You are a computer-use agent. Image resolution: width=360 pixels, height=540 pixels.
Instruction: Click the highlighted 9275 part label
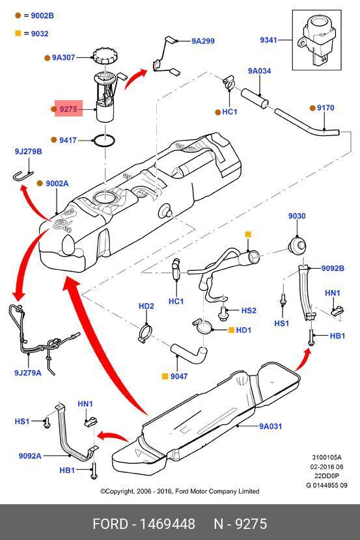68,109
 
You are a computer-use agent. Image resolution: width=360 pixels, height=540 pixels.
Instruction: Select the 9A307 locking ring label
63,57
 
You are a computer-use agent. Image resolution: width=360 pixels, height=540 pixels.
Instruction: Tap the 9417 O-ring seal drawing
104,140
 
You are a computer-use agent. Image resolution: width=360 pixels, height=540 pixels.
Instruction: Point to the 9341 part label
268,40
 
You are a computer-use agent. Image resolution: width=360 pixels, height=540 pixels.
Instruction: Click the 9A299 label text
203,41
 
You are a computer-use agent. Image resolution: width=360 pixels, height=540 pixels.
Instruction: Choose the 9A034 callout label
259,71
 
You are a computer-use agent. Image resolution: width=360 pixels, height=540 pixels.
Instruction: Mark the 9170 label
325,108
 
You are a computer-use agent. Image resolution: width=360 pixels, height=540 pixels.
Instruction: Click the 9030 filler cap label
297,216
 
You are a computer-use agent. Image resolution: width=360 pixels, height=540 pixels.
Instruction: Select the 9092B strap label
333,268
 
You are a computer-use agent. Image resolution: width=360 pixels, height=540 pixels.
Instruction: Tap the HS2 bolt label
249,310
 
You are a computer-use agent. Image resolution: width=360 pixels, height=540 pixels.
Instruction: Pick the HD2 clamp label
146,306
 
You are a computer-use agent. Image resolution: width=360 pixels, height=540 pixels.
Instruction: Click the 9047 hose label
179,377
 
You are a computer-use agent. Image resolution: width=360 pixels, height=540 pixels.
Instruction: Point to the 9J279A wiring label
27,373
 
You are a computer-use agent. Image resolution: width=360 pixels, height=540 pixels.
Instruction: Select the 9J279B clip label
28,152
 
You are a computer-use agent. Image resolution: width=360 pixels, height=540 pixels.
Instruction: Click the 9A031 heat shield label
270,426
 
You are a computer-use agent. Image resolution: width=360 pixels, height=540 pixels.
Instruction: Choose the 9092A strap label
30,456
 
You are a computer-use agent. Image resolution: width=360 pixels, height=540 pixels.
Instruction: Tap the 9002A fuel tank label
57,183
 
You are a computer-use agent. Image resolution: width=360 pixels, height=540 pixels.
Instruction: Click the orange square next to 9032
18,33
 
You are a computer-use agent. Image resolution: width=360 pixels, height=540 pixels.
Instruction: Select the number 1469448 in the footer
167,524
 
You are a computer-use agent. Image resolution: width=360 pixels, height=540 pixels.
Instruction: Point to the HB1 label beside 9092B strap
337,336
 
